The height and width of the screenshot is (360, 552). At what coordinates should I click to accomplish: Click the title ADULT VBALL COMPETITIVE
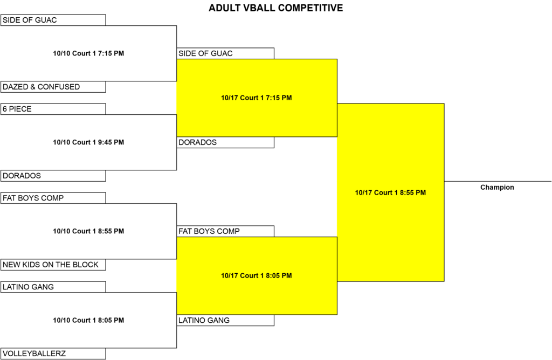(x=275, y=8)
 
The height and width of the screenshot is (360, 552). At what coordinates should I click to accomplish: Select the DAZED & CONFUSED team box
(x=53, y=87)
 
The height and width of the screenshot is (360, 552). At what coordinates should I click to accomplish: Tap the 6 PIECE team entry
(x=53, y=109)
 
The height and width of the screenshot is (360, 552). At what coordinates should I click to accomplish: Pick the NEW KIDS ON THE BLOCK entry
(x=53, y=265)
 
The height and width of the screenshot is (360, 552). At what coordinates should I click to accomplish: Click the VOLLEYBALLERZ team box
(x=53, y=354)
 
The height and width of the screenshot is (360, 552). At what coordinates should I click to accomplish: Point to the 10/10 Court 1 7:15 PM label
(x=88, y=53)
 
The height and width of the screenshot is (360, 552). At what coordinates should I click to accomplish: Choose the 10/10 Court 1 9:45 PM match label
(x=88, y=142)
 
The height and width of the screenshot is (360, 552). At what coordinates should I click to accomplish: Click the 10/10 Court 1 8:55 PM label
(x=88, y=231)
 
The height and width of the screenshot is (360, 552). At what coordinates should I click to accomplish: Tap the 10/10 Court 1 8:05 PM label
(x=88, y=320)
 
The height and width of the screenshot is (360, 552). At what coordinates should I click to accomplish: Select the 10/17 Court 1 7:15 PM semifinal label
(x=256, y=98)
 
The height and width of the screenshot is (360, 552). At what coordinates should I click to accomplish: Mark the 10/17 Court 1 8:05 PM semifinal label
(x=256, y=275)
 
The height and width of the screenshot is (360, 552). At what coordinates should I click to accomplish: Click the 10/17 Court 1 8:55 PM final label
(x=390, y=192)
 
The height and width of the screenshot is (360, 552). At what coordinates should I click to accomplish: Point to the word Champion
(x=497, y=187)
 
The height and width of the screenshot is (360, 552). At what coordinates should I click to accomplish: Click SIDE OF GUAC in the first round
(x=53, y=20)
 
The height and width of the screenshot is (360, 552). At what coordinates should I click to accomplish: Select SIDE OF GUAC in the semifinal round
(x=225, y=53)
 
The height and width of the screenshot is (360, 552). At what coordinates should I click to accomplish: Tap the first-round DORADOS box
(x=53, y=176)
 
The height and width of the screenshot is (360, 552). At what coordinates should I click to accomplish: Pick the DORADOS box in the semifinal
(x=225, y=142)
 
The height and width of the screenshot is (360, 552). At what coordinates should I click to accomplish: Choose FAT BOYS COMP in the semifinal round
(x=225, y=231)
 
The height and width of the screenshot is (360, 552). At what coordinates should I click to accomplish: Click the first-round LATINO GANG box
(x=53, y=287)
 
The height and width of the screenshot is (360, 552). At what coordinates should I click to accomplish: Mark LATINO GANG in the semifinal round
(x=225, y=320)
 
